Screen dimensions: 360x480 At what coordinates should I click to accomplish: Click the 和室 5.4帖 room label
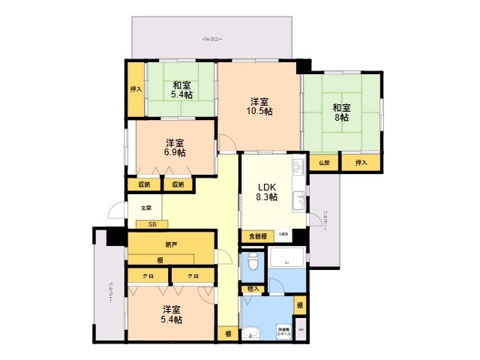[x=181, y=90]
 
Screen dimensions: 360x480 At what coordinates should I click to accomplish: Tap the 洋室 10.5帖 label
[x=260, y=106]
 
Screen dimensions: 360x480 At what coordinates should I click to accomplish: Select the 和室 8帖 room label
[x=341, y=112]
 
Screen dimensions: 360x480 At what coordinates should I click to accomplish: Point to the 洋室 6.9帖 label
[x=175, y=147]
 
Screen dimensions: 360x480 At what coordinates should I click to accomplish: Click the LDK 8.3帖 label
[x=268, y=192]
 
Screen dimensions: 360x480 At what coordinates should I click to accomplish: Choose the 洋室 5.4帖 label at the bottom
[x=172, y=314]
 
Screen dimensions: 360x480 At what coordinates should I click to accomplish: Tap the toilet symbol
[x=252, y=263]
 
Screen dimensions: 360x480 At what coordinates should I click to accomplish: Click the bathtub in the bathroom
[x=287, y=258]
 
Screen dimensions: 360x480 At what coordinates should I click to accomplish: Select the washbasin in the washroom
[x=250, y=334]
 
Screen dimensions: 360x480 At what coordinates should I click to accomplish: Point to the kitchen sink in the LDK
[x=298, y=199]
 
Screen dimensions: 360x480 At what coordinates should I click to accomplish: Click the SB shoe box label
[x=152, y=223]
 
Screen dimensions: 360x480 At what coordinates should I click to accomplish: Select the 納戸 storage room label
[x=171, y=244]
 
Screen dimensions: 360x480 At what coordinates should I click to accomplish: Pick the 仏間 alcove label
[x=323, y=162]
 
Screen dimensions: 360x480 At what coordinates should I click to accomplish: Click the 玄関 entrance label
[x=145, y=208]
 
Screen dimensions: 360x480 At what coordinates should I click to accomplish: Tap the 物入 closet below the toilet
[x=252, y=288]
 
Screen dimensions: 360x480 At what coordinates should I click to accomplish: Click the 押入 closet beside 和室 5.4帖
[x=136, y=88]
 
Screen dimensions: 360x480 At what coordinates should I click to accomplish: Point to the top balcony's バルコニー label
[x=212, y=37]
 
